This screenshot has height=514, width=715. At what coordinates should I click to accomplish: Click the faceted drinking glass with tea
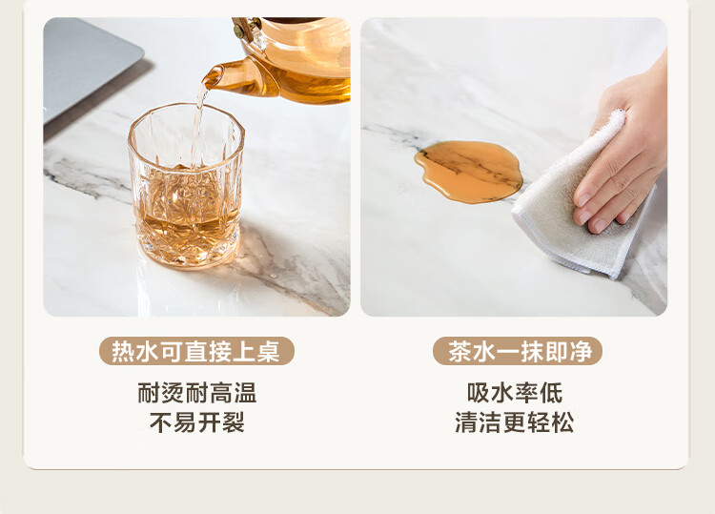(186, 186)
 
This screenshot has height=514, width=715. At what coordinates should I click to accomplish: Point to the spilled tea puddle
(468, 171)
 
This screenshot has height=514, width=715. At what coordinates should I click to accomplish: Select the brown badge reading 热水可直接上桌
(196, 351)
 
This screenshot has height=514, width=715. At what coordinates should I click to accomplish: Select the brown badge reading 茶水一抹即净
(517, 351)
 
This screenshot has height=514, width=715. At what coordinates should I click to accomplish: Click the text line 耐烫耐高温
(197, 393)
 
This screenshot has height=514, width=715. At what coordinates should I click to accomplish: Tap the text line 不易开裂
(197, 422)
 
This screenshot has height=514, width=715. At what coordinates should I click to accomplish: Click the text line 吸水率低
(515, 393)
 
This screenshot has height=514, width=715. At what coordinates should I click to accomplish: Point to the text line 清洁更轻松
(515, 422)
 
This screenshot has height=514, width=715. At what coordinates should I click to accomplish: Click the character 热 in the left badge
(123, 351)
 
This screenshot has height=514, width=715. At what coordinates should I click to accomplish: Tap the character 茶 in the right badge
(460, 351)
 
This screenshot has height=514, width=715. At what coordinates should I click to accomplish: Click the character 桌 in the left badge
(268, 351)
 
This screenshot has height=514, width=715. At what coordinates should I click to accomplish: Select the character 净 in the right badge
(581, 351)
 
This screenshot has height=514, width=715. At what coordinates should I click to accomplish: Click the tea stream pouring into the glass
(199, 123)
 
